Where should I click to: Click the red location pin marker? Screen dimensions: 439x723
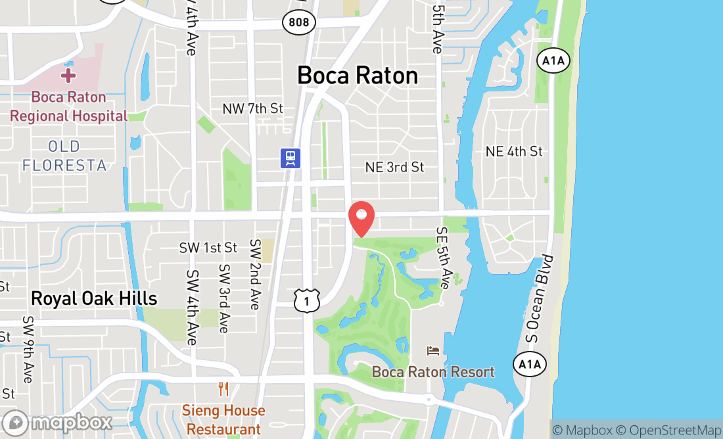(361, 218)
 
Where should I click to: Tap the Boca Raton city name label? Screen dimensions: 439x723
(358, 76)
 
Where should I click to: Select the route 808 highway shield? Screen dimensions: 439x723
(299, 22)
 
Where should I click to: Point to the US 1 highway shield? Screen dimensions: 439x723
(307, 300)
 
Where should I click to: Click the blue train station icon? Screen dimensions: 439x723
(291, 158)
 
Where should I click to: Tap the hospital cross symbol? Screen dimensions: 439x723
(68, 75)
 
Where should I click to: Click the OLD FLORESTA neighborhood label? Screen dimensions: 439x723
(64, 156)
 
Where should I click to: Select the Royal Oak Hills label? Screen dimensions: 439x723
(94, 299)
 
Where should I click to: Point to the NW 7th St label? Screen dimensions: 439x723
(252, 108)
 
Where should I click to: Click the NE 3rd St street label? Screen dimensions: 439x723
(394, 168)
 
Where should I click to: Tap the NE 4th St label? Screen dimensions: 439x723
(514, 152)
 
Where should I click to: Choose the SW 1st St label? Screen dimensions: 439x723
(208, 248)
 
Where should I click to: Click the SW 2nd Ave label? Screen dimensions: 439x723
(255, 274)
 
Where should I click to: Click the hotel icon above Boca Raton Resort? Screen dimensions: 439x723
(433, 352)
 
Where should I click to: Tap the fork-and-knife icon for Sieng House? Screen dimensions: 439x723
(223, 390)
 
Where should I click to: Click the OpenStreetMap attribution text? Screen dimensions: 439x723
(674, 430)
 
